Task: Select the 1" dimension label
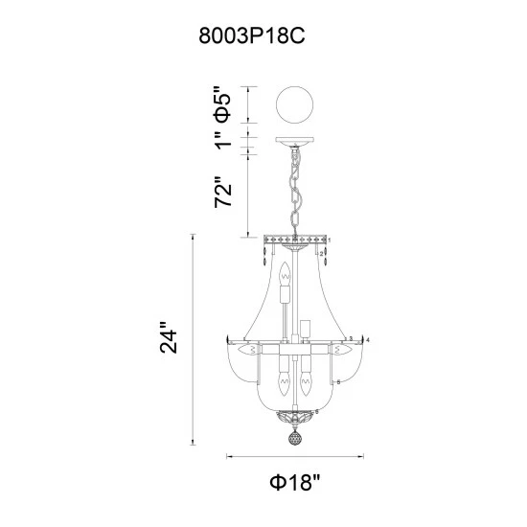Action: tap(222, 141)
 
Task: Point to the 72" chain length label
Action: tap(222, 192)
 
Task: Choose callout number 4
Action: tap(368, 339)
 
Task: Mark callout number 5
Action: tap(353, 379)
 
